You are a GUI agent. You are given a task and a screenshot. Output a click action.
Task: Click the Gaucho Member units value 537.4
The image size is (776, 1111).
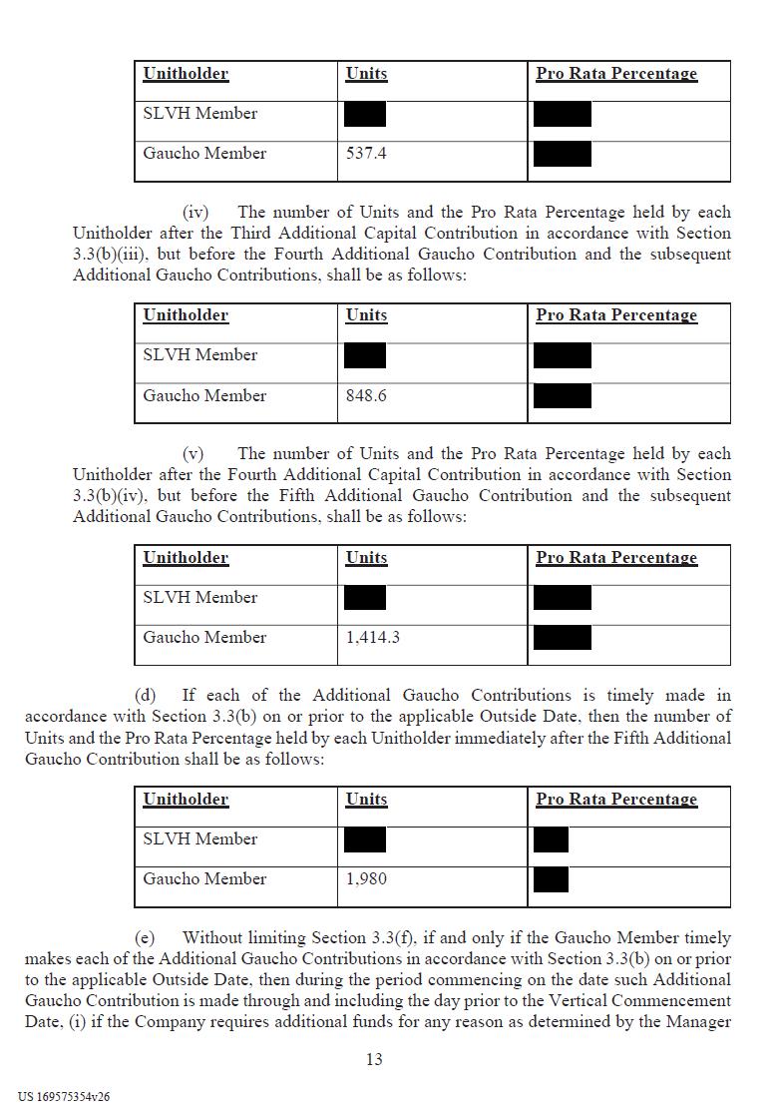[366, 154]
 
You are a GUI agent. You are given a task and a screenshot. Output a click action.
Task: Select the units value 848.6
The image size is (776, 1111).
[366, 396]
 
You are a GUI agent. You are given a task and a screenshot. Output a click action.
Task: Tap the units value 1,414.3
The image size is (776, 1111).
[373, 638]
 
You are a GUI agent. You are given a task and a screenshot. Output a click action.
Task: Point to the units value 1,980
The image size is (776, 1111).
[366, 879]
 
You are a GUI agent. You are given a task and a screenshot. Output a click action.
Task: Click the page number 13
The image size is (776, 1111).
[374, 1059]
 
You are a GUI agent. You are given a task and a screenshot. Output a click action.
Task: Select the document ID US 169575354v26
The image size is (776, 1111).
[64, 1096]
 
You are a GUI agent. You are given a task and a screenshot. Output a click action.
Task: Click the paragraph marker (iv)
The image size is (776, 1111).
[194, 213]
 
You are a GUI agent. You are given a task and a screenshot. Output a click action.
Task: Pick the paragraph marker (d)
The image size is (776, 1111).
[146, 696]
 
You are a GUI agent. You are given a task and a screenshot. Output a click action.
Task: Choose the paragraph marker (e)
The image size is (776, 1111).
[146, 938]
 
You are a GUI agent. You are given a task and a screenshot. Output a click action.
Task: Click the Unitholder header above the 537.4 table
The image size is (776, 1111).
[186, 74]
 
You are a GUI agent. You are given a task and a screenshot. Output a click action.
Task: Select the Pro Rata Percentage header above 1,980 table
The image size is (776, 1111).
[616, 800]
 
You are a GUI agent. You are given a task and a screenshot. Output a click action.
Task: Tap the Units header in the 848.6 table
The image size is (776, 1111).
[366, 315]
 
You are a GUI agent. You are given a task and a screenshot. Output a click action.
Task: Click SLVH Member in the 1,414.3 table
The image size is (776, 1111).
[199, 598]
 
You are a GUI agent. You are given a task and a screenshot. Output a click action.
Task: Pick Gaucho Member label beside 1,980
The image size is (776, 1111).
[204, 879]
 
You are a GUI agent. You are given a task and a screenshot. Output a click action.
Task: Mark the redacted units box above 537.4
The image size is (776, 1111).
[364, 114]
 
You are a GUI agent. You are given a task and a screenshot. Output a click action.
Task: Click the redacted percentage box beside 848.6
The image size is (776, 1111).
[563, 396]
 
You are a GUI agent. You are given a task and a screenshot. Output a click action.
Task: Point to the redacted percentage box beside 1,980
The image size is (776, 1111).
[551, 879]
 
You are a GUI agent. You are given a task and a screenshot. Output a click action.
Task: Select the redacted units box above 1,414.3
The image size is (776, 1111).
[364, 598]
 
